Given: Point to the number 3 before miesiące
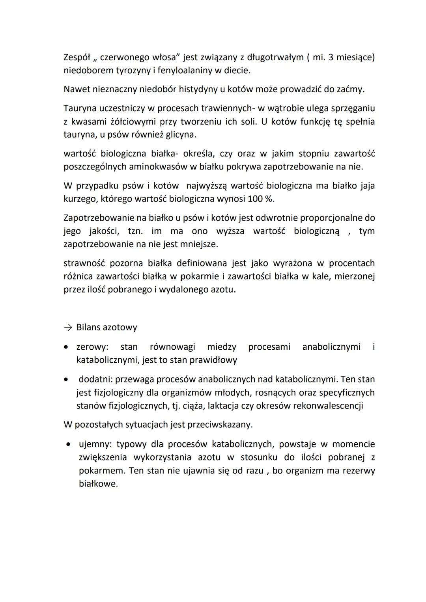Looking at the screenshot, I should pyautogui.click(x=331, y=58).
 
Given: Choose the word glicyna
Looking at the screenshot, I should pyautogui.click(x=181, y=134).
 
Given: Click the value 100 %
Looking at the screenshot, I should pyautogui.click(x=261, y=199).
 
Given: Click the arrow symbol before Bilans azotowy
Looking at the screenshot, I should pyautogui.click(x=67, y=328).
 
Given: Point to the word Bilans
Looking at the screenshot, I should pyautogui.click(x=89, y=328).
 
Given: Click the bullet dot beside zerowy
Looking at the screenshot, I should pyautogui.click(x=68, y=347).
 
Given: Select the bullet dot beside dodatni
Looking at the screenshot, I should pyautogui.click(x=68, y=380).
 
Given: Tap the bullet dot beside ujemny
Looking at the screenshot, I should pyautogui.click(x=69, y=444).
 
